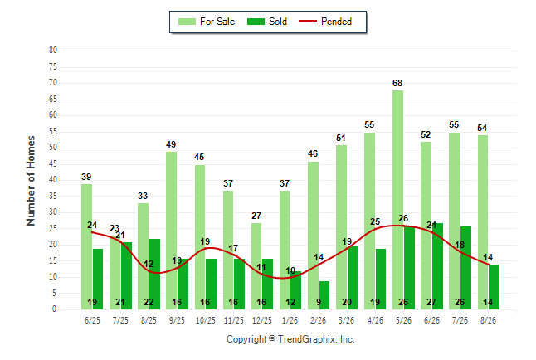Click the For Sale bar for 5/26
point(398,200)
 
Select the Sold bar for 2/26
point(324,295)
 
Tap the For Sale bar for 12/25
point(256,266)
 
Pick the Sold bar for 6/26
point(437,266)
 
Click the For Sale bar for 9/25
point(172,231)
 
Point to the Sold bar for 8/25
point(155,275)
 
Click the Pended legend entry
point(325,22)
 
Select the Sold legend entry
point(267,22)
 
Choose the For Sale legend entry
point(207,22)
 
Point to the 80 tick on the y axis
point(53,51)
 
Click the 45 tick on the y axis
point(53,163)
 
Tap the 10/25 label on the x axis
point(206,320)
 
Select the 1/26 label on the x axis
point(290,320)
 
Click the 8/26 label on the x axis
point(488,320)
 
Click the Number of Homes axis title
point(31,181)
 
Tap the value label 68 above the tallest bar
point(397,83)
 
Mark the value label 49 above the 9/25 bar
point(171,144)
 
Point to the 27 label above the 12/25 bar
point(256,216)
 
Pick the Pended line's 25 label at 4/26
point(375,221)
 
